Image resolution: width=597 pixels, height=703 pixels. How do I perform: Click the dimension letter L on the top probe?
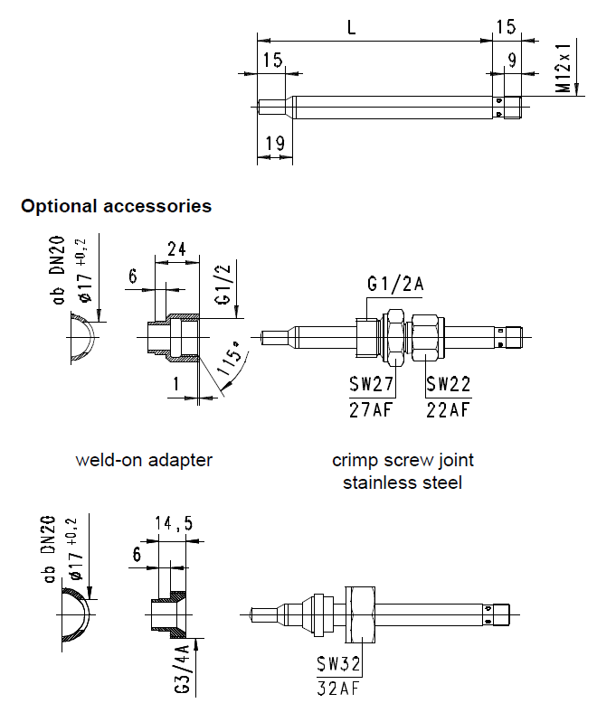click(351, 28)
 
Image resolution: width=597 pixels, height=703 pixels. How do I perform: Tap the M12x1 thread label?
click(564, 66)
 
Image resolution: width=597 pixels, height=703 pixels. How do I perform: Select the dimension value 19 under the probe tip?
click(274, 142)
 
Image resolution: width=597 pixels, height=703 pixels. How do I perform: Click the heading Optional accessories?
click(116, 206)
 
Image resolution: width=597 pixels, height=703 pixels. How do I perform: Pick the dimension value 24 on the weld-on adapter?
click(176, 249)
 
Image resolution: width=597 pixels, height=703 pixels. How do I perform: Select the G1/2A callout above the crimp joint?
click(395, 284)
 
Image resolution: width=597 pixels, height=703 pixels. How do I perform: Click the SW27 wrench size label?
click(371, 385)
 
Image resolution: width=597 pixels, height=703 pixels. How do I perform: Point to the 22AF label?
click(449, 409)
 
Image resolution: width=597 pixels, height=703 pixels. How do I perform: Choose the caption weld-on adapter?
click(144, 460)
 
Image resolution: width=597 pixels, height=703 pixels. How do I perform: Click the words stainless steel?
click(403, 483)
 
